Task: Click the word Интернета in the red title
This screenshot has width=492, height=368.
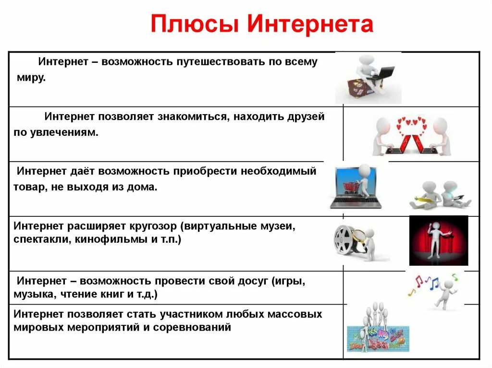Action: coord(310,24)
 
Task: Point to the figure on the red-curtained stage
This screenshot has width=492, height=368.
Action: coord(438,240)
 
